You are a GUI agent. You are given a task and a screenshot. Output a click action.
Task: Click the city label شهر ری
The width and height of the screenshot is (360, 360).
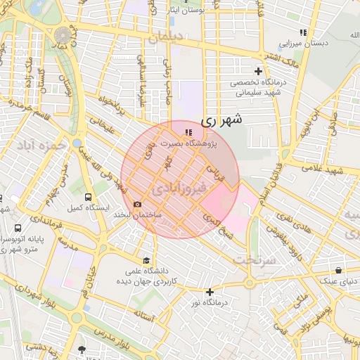tap(221, 120)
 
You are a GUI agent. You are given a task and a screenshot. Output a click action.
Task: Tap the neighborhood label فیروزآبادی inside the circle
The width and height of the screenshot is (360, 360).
tap(179, 188)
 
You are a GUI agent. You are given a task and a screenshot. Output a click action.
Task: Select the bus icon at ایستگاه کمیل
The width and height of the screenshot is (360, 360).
tap(88, 198)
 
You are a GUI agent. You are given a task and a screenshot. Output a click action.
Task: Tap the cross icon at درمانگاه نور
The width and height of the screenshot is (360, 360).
tap(210, 292)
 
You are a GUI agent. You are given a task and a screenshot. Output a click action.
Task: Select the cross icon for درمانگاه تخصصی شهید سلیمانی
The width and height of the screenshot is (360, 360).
tap(259, 71)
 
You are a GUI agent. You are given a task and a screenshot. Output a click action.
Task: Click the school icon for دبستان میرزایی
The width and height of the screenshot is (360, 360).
tap(303, 32)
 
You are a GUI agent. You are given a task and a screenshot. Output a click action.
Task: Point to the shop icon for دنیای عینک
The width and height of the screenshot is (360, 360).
tap(339, 270)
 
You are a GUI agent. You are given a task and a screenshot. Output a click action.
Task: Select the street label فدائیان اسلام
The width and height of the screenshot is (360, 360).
tap(267, 181)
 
